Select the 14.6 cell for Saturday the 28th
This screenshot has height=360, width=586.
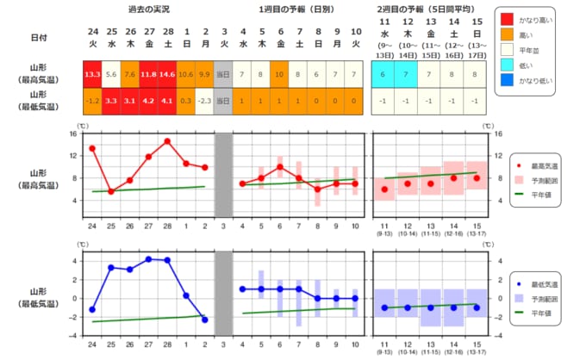tap(167, 74)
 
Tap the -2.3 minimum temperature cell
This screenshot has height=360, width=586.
tap(204, 101)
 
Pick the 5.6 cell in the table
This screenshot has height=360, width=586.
tap(111, 74)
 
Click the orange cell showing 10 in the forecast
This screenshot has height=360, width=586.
tap(280, 74)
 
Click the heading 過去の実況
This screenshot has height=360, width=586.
tap(148, 9)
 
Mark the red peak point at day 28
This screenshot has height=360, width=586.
tap(167, 140)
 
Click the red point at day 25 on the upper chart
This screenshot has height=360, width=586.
tap(111, 191)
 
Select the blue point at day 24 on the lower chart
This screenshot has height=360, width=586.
tap(92, 309)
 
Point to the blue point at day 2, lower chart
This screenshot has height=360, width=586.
tap(204, 320)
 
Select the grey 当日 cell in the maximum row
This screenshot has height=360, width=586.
tap(223, 74)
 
